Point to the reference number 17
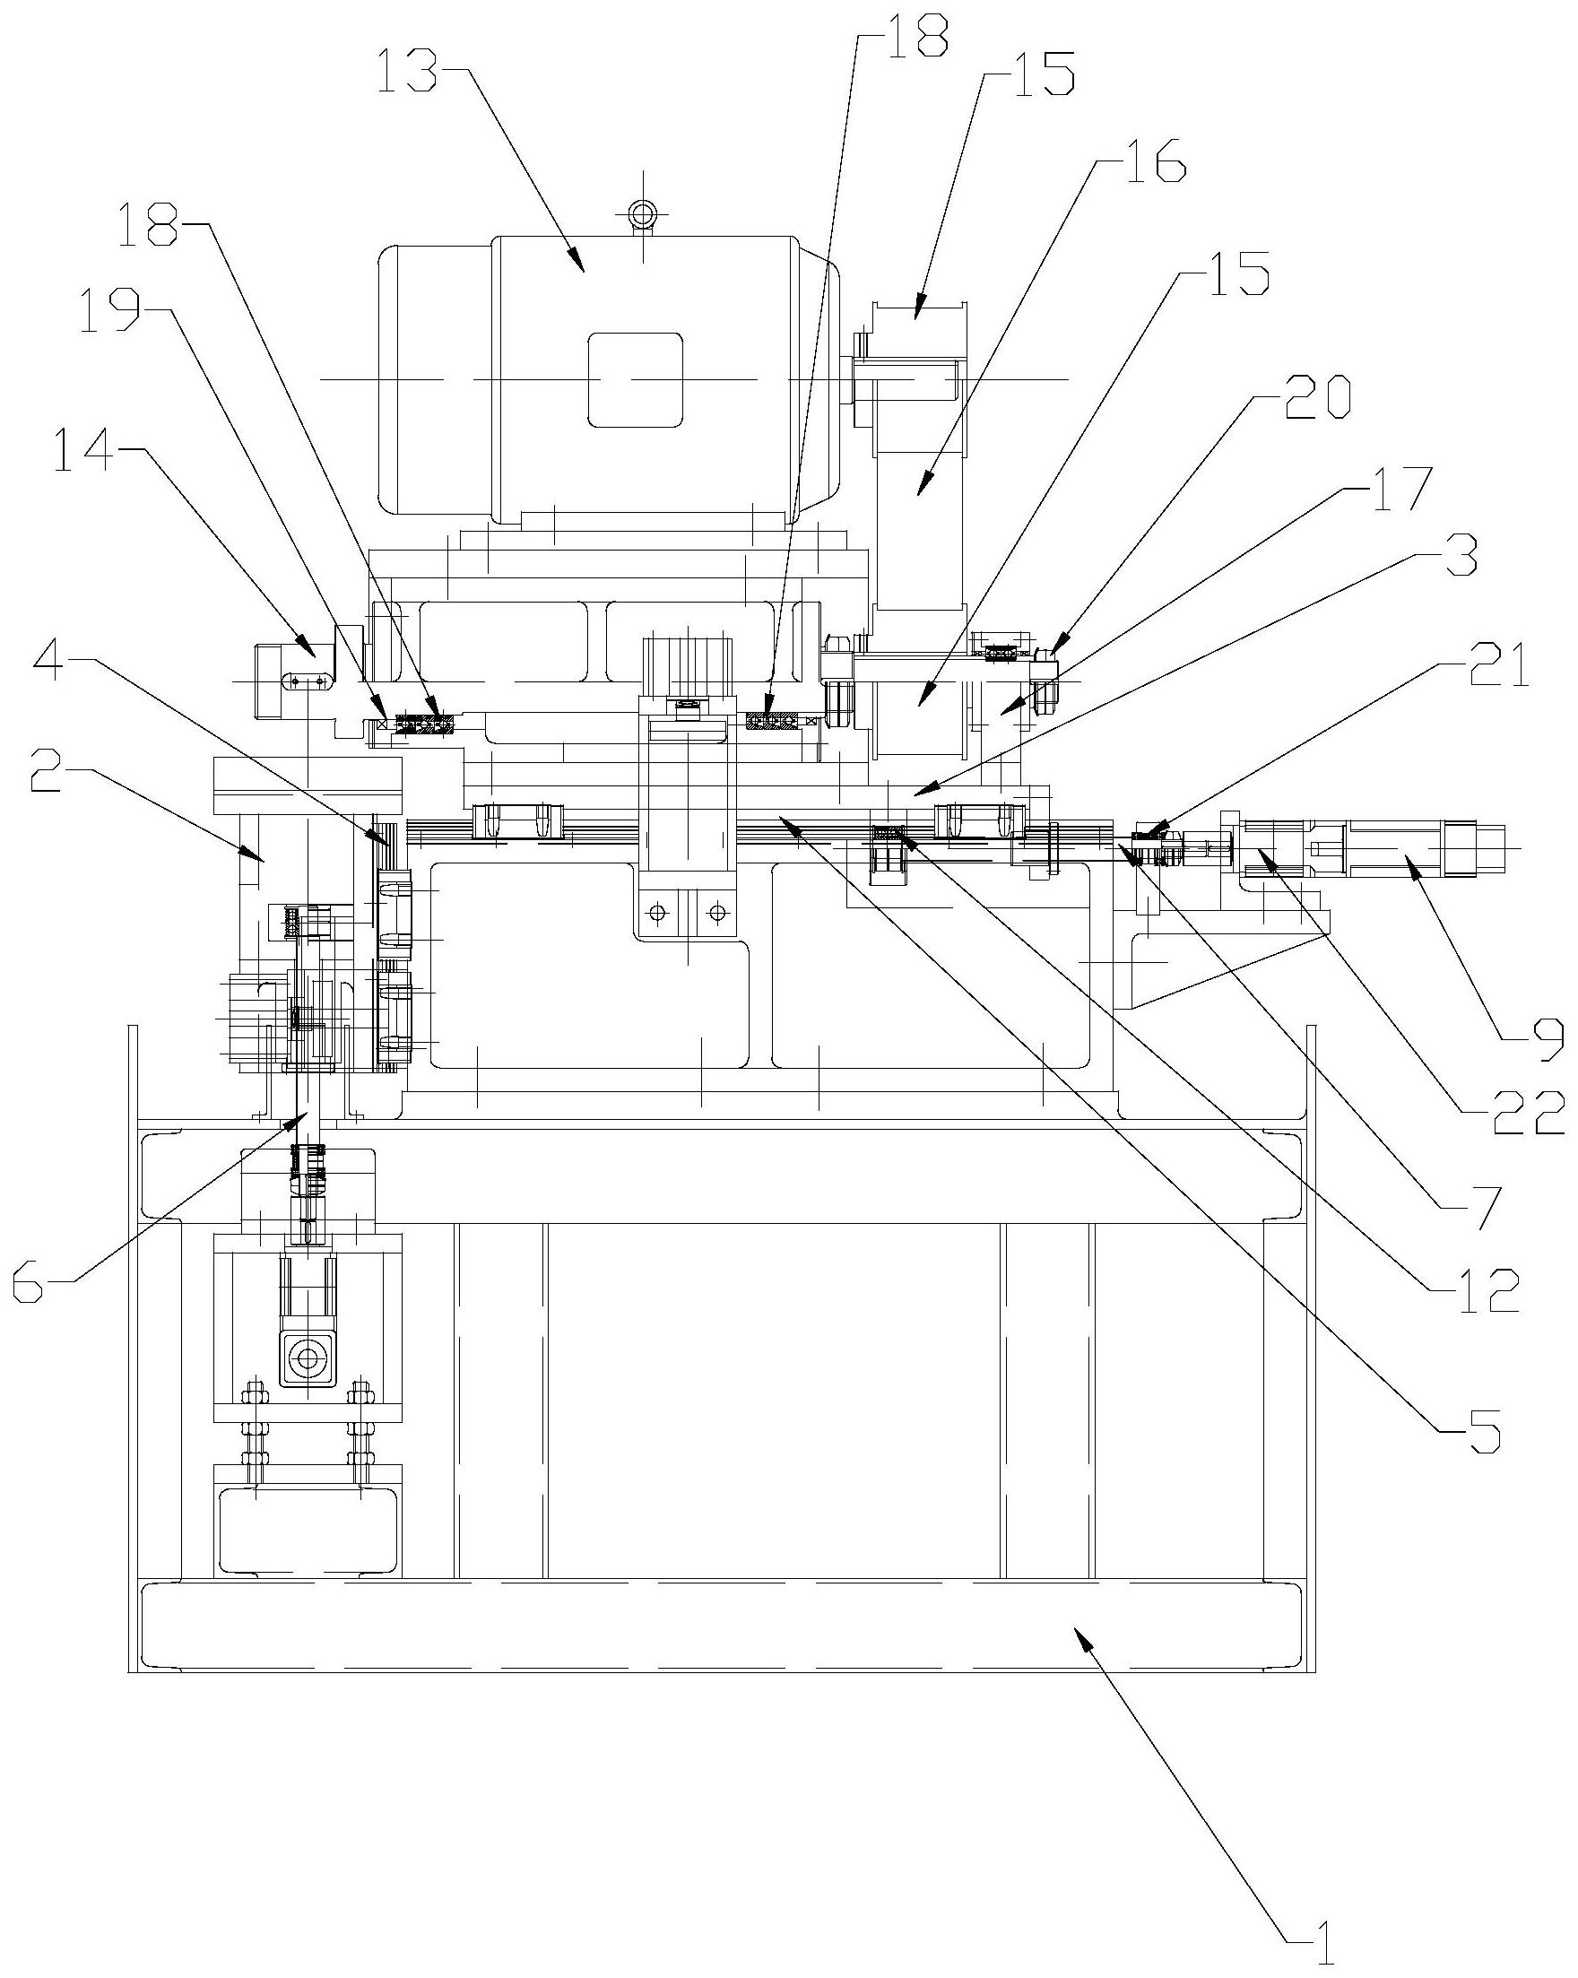(1398, 490)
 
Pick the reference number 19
(111, 310)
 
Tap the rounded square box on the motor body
(635, 380)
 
